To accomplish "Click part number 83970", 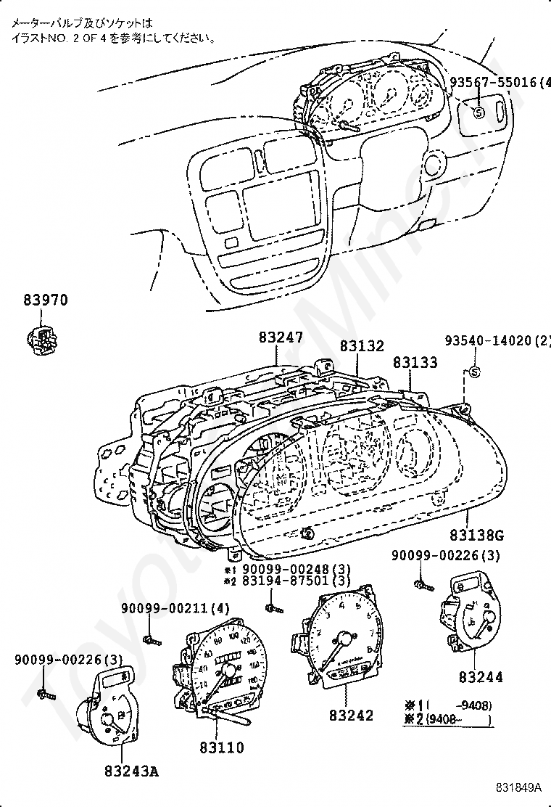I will point(43,299).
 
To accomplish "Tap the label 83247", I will point(281,338).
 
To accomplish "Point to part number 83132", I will point(362,347).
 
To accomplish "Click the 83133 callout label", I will point(415,361).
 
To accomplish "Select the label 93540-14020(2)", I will point(497,341).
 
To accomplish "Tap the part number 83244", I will point(480,677).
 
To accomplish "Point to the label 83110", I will point(221,747).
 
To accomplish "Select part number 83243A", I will point(130,771).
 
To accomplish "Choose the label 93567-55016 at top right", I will point(497,82).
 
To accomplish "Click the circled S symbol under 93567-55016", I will point(478,112).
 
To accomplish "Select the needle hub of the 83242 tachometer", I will point(344,639).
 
